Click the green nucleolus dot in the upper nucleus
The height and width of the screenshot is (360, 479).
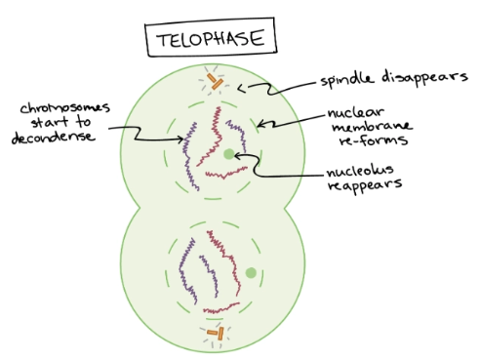228,154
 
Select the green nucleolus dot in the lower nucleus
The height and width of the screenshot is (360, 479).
252,273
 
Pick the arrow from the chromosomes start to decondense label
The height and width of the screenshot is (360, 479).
157,140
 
